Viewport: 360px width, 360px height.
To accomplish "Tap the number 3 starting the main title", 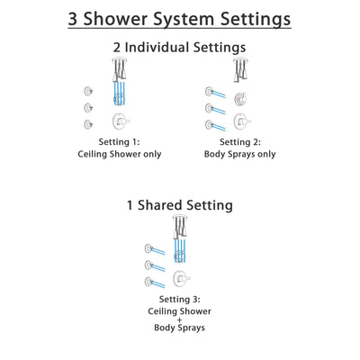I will pyautogui.click(x=75, y=18).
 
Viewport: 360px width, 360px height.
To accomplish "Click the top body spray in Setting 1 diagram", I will pyautogui.click(x=86, y=91).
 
